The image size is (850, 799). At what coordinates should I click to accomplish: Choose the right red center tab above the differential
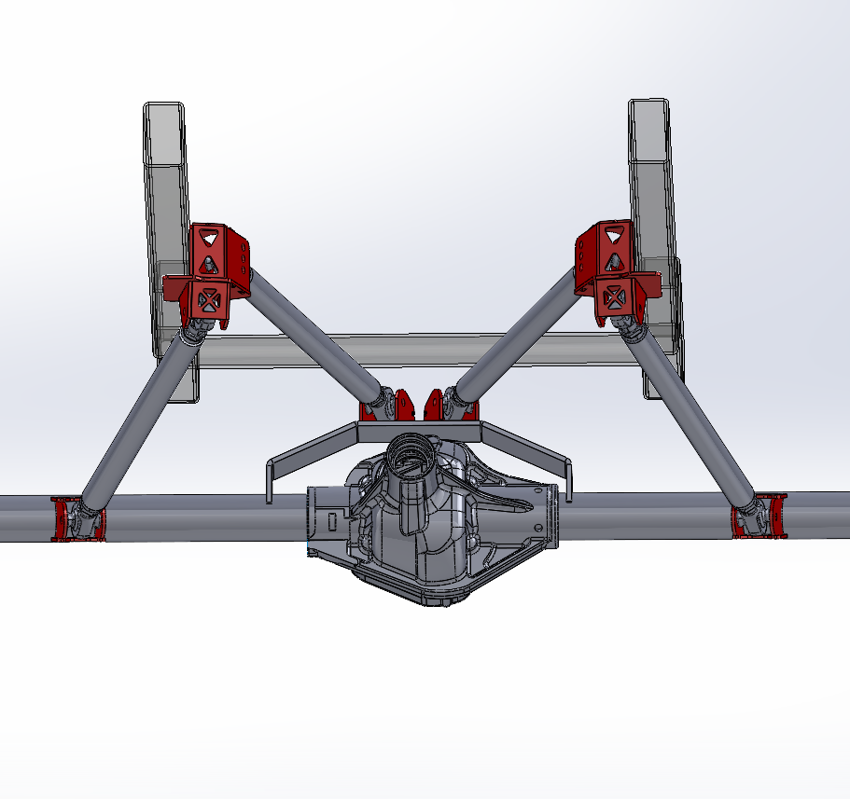point(435,405)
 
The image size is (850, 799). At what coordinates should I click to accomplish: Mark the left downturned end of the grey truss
point(269,480)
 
